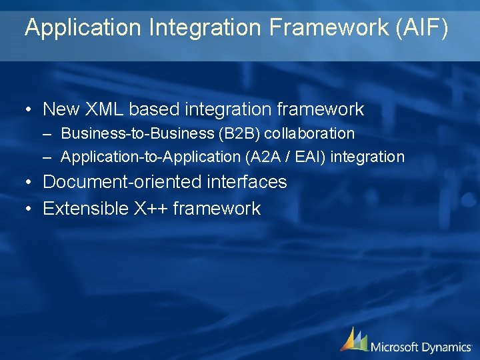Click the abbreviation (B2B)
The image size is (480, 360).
click(x=238, y=133)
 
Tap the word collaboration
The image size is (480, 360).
click(x=309, y=133)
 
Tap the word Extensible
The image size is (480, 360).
click(x=85, y=209)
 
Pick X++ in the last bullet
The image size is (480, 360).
click(x=151, y=209)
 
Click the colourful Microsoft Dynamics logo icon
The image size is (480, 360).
click(x=353, y=339)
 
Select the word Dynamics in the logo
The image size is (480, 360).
click(x=447, y=347)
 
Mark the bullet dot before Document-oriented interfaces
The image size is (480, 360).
click(x=27, y=183)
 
